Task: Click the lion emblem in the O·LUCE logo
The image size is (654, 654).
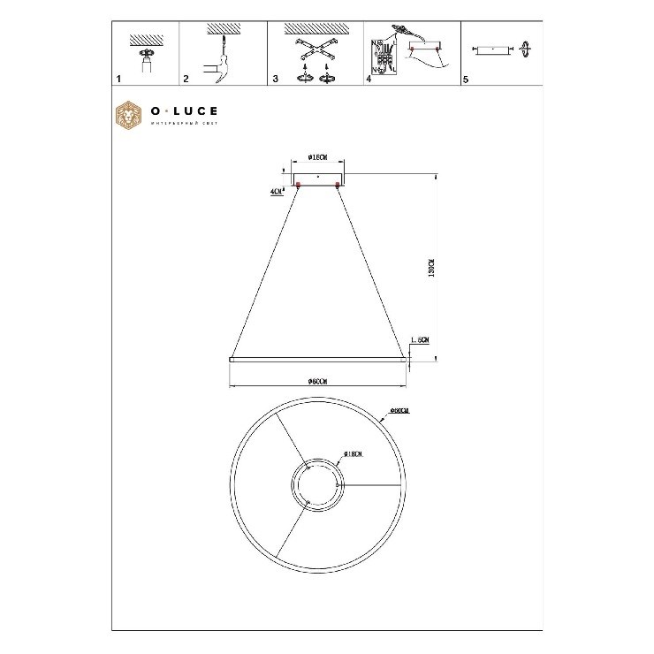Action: [130, 116]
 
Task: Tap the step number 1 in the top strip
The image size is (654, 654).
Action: [118, 80]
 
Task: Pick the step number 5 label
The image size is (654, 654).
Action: [466, 80]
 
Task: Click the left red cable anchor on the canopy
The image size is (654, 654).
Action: [299, 185]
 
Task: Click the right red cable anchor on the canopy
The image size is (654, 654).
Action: [337, 185]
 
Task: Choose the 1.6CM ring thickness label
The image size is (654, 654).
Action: [420, 340]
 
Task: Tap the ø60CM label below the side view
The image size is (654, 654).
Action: [318, 381]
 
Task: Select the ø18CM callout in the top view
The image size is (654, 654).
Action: [353, 454]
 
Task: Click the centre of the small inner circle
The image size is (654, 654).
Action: [316, 485]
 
